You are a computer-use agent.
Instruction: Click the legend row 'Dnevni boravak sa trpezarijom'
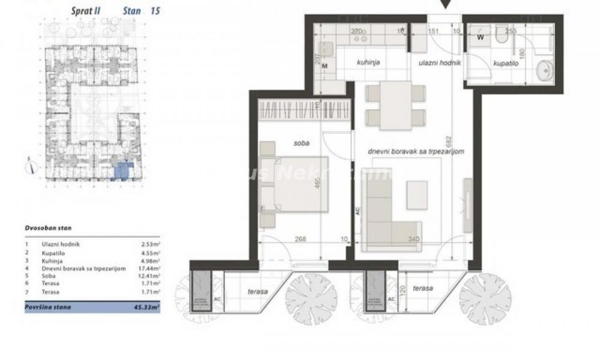(x=76, y=268)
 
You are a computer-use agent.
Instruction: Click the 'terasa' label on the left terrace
(x=257, y=291)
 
